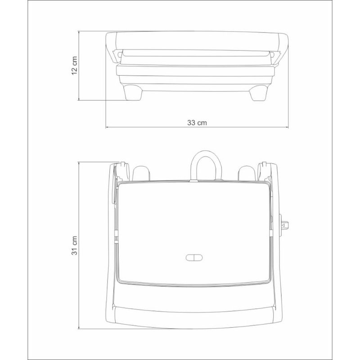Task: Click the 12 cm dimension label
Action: coord(74,65)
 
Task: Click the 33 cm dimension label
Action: coord(197,122)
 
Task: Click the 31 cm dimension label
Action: coord(74,245)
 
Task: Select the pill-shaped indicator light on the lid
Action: coord(194,257)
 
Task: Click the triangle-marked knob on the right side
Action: coord(284,225)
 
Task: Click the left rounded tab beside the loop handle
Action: coord(141,173)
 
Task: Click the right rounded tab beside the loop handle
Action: coord(247,173)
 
